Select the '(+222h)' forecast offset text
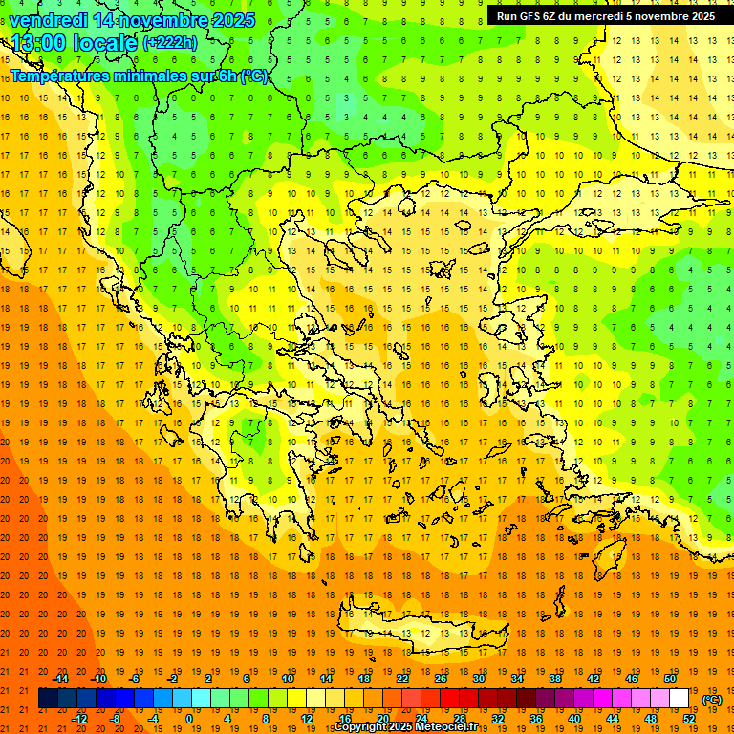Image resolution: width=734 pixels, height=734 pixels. (x=169, y=43)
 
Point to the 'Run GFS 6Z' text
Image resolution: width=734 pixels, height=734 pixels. (x=528, y=16)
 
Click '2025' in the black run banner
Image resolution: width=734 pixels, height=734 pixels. (x=696, y=16)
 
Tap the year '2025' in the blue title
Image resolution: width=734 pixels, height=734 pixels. (x=232, y=20)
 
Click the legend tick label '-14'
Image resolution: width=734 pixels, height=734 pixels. (x=61, y=679)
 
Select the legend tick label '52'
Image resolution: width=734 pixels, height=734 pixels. (x=689, y=719)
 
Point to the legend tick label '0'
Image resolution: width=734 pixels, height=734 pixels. (x=188, y=719)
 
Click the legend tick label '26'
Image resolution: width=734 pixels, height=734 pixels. (x=441, y=679)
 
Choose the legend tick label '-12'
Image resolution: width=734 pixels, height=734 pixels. (x=79, y=719)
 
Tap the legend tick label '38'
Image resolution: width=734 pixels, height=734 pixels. (x=555, y=679)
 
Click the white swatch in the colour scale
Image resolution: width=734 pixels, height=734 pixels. (x=680, y=699)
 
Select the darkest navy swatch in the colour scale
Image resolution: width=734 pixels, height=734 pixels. (x=48, y=699)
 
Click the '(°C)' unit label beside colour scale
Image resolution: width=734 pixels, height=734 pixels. (x=712, y=700)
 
